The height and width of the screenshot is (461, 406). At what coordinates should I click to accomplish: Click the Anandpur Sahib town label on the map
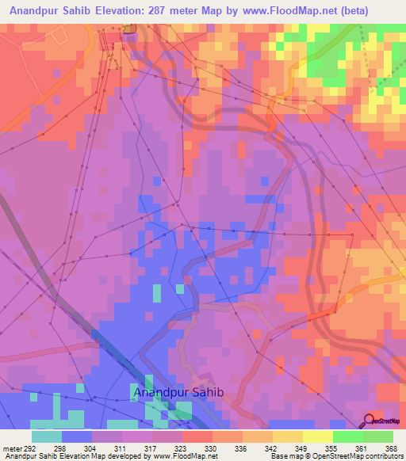(x=179, y=392)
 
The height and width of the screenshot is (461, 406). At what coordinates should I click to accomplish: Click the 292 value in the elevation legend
(x=29, y=448)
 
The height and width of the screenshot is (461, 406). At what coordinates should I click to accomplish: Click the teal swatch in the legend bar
(x=46, y=436)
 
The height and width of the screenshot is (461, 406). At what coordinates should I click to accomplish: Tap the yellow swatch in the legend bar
(x=317, y=436)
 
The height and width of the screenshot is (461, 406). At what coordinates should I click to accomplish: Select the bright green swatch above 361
(x=347, y=436)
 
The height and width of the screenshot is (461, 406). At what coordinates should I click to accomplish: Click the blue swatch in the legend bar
(x=76, y=436)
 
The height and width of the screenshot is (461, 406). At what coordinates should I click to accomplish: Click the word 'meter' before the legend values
(x=10, y=448)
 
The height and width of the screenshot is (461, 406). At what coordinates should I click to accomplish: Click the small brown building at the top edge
(x=130, y=29)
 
